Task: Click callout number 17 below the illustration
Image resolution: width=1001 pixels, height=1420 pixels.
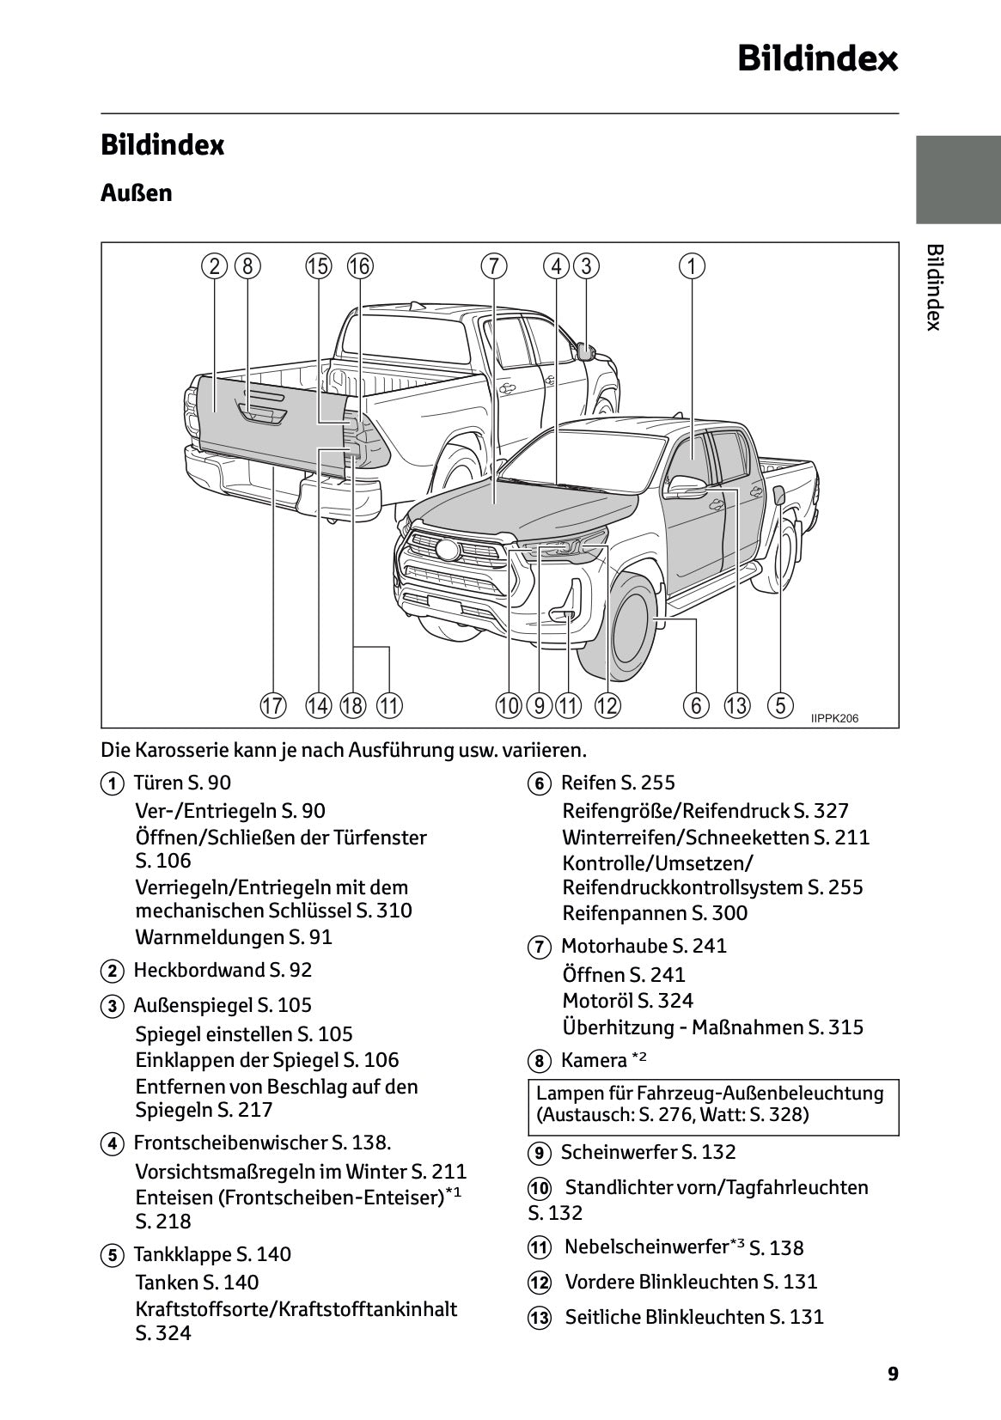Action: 272,706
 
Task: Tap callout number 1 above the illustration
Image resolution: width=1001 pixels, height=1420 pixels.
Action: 692,266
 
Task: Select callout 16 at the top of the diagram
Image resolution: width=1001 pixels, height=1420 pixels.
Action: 359,266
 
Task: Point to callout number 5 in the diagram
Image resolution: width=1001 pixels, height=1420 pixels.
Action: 779,706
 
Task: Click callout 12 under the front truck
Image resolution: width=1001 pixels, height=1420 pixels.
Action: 607,706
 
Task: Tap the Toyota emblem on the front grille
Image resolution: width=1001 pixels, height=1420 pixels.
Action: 447,550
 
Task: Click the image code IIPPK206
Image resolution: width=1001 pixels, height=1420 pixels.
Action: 834,719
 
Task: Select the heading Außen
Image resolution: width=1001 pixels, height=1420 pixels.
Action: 136,192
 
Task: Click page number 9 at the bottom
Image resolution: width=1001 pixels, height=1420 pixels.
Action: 893,1374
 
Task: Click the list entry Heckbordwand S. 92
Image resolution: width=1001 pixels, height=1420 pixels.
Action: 222,970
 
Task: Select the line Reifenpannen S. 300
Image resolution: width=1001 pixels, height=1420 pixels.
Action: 655,913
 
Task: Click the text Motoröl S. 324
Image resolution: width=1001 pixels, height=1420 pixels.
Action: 627,1001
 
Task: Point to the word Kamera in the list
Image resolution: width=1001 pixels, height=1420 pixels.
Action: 594,1060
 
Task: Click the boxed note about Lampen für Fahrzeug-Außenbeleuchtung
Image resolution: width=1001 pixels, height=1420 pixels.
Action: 713,1104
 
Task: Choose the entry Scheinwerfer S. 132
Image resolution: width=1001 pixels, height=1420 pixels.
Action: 648,1152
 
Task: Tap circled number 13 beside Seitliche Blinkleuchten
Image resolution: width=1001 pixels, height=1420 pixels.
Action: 539,1319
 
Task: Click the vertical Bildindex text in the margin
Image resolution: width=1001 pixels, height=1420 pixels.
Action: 935,287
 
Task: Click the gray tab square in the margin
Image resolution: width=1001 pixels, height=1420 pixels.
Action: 957,180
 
